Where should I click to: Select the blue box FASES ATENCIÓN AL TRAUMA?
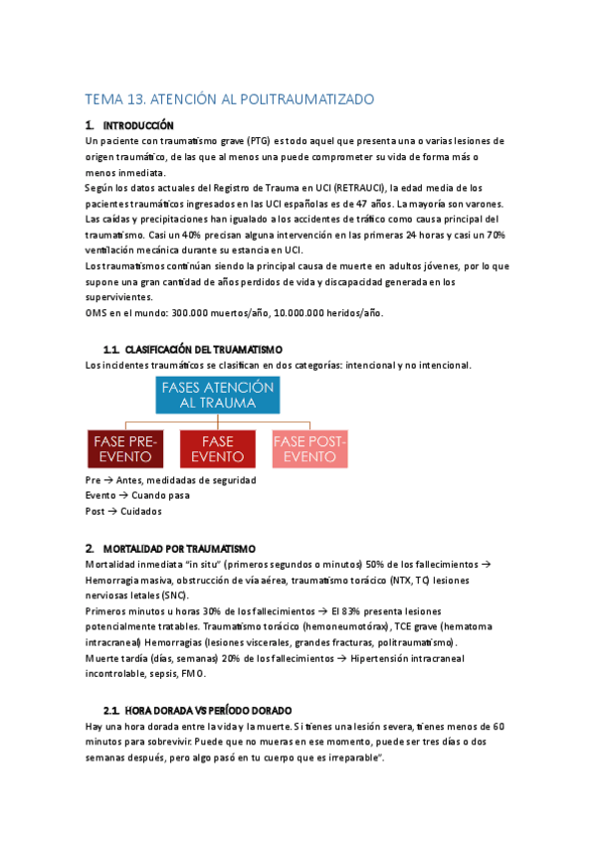point(217,395)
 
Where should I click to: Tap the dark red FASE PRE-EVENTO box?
point(126,448)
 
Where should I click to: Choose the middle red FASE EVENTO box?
point(217,448)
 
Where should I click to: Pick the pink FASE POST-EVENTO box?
point(309,448)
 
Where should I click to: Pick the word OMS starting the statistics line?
point(99,312)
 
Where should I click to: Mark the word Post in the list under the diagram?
point(97,511)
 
